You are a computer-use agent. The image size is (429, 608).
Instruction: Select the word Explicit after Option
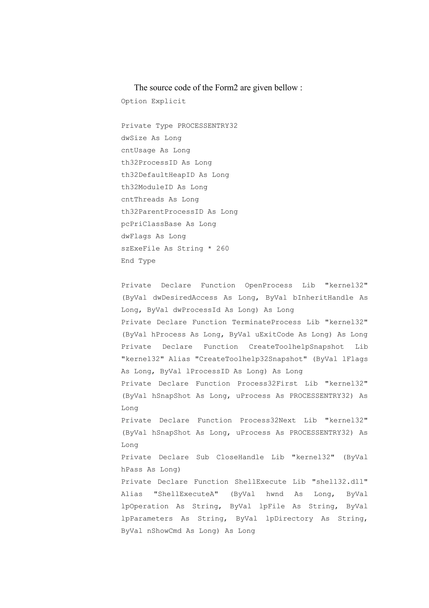point(168,101)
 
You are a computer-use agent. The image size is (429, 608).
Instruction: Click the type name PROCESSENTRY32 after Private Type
point(208,126)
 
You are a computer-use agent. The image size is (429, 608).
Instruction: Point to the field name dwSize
point(134,138)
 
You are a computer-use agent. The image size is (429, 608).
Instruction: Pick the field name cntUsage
point(138,150)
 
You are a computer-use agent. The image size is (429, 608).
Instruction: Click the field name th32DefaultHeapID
point(158,175)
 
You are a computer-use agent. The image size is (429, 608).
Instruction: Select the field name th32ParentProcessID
point(162,211)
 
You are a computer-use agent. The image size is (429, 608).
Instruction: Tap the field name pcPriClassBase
point(151,224)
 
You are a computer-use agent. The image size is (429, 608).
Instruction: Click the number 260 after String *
point(222,248)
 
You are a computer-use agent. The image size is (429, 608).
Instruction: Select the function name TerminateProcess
point(266,322)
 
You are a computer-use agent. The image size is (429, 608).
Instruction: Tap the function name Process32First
point(267,384)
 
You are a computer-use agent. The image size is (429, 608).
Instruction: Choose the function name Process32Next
point(268,420)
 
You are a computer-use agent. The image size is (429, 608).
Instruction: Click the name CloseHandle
point(240,457)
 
